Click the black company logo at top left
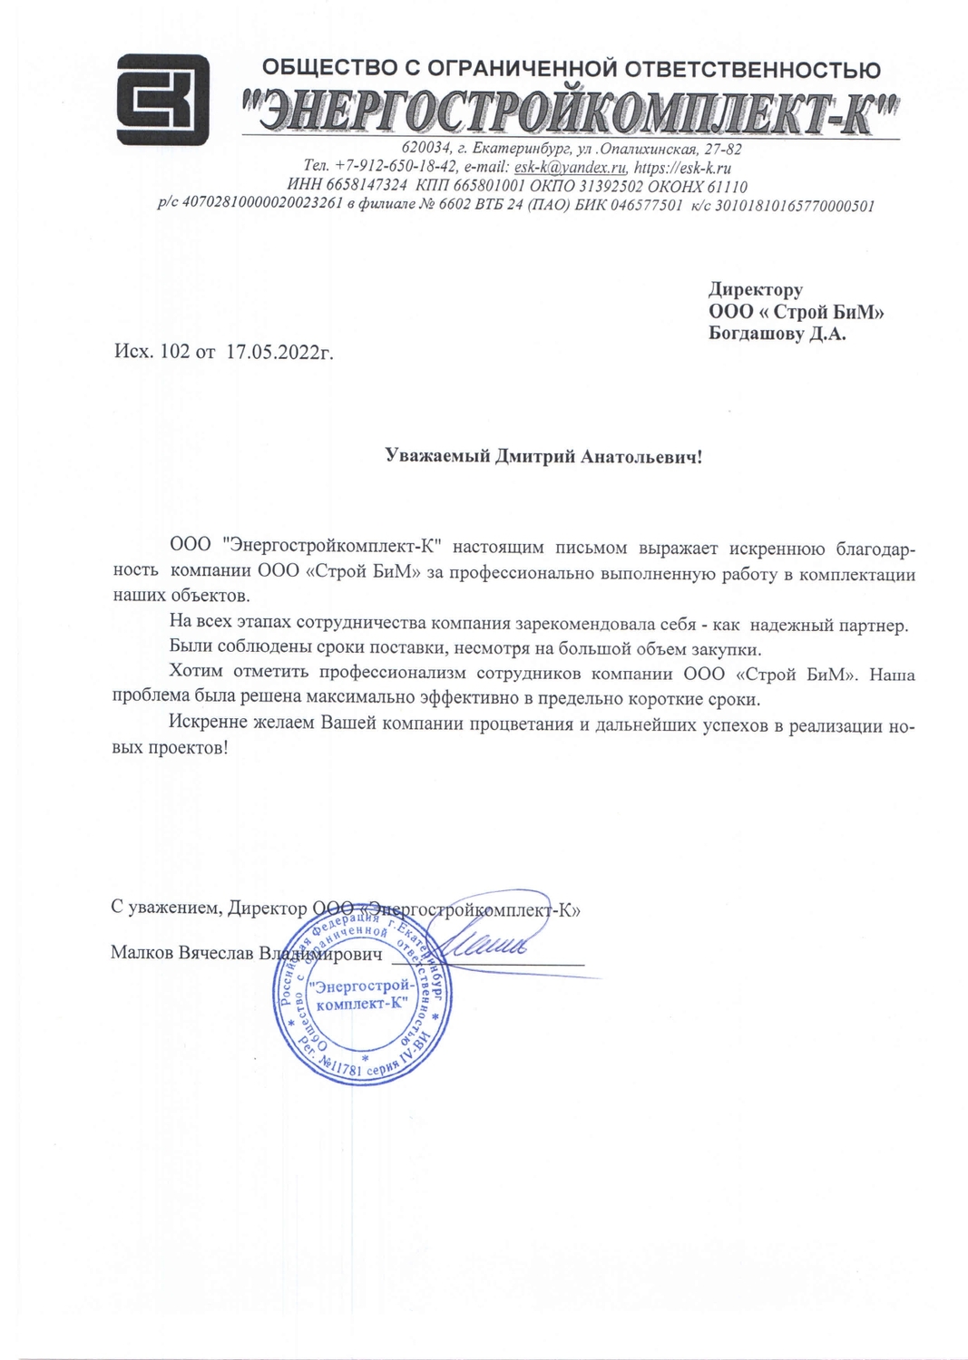[x=163, y=100]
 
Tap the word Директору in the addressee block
[x=756, y=290]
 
